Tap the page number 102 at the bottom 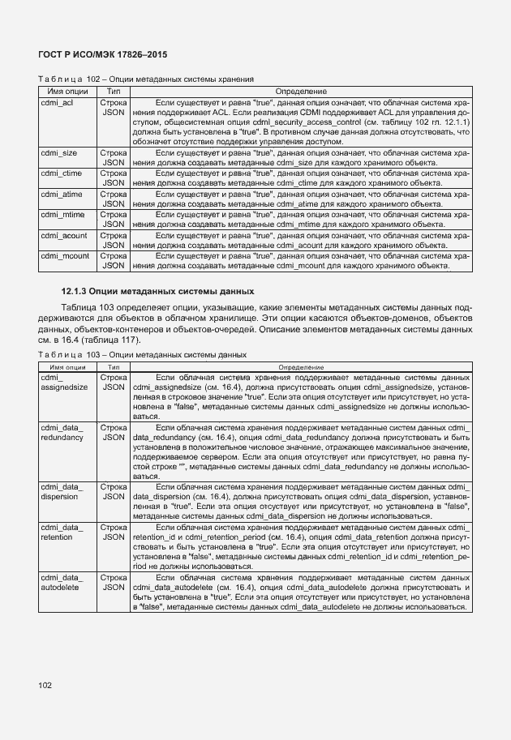point(45,686)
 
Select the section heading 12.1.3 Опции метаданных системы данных point(158,291)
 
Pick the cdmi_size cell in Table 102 point(58,152)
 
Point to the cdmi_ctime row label point(60,173)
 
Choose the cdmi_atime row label point(60,194)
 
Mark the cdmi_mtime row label point(61,215)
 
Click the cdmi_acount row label point(62,236)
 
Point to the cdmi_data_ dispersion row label point(62,491)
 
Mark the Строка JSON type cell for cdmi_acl point(114,109)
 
